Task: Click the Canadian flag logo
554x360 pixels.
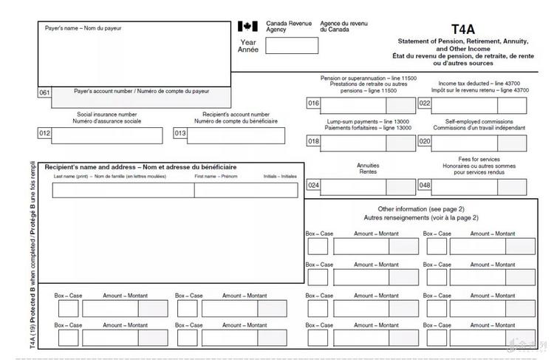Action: click(x=247, y=27)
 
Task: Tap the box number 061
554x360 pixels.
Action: click(x=44, y=92)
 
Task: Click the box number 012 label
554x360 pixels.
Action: click(x=44, y=134)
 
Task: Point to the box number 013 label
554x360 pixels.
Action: click(x=180, y=134)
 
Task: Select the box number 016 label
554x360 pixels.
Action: click(x=313, y=103)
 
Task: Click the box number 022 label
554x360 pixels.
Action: click(x=425, y=103)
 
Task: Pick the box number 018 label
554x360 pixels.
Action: click(x=313, y=141)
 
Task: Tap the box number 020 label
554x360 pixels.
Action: click(x=425, y=141)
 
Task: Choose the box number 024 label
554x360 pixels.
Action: click(x=313, y=186)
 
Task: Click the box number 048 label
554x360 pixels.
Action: click(x=425, y=186)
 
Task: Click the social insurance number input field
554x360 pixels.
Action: click(x=106, y=135)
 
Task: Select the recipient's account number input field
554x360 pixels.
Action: click(x=237, y=135)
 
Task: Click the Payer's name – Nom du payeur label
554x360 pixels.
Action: click(x=83, y=28)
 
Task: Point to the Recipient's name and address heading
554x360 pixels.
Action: click(x=118, y=168)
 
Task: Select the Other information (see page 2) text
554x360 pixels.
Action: click(x=421, y=209)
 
